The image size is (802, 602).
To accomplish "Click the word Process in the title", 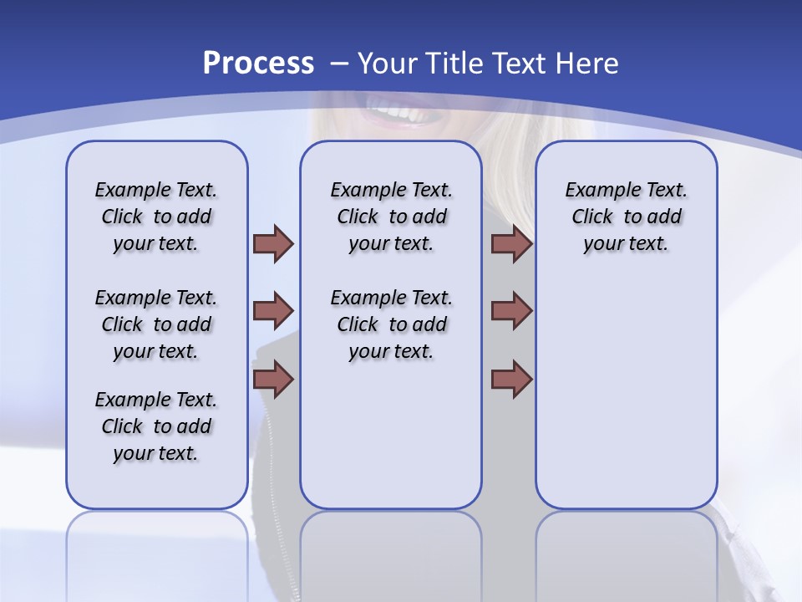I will [258, 63].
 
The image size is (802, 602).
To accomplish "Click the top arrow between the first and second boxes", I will [273, 244].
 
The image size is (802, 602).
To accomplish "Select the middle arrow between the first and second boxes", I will [273, 311].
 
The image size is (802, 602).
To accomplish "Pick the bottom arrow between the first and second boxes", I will [273, 379].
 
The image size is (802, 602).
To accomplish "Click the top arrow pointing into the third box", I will [511, 244].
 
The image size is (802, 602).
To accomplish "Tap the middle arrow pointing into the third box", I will [511, 311].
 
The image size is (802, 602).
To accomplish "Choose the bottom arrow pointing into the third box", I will [511, 379].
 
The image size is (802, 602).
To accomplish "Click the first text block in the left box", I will [156, 217].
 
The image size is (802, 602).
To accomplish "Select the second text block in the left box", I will [156, 324].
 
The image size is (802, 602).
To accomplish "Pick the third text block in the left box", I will [156, 426].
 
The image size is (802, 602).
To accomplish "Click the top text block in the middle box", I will [391, 217].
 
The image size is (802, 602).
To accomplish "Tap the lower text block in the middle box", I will [391, 324].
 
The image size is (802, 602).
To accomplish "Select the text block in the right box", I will [626, 217].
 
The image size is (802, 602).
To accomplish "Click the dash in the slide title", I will [339, 64].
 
